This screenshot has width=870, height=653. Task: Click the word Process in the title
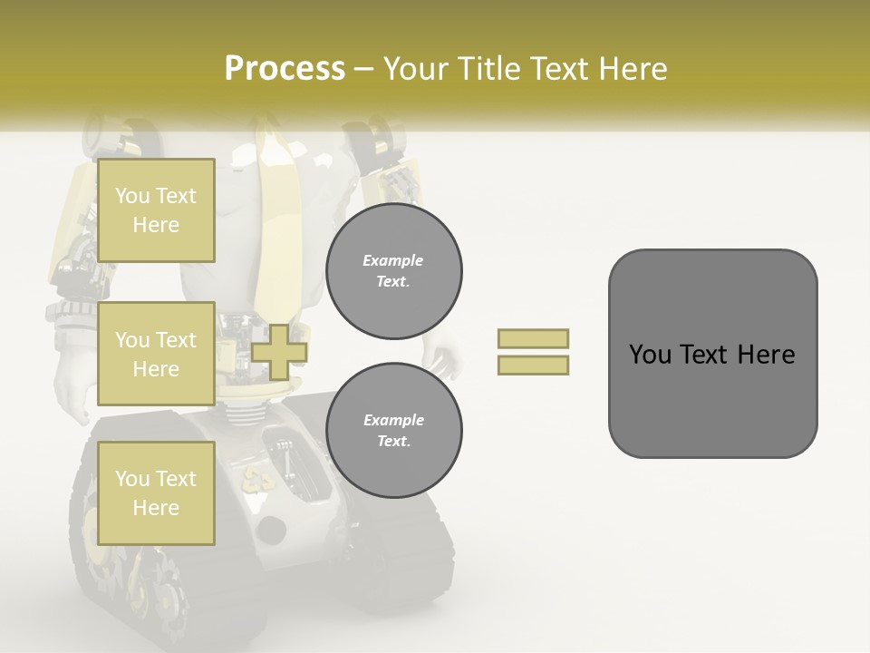pyautogui.click(x=285, y=69)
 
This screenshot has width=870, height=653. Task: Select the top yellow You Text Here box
pyautogui.click(x=156, y=210)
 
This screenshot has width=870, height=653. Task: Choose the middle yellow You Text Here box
pyautogui.click(x=156, y=354)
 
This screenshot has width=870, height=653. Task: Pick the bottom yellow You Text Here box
pyautogui.click(x=156, y=492)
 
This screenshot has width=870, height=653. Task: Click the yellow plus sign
pyautogui.click(x=279, y=352)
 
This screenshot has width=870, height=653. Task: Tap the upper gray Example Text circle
pyautogui.click(x=394, y=271)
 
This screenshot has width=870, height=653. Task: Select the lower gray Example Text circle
pyautogui.click(x=394, y=431)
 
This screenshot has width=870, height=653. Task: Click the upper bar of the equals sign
pyautogui.click(x=533, y=338)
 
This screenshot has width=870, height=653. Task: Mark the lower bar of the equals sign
pyautogui.click(x=533, y=365)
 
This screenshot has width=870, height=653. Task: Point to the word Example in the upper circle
pyautogui.click(x=393, y=260)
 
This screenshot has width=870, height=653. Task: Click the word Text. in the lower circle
pyautogui.click(x=393, y=442)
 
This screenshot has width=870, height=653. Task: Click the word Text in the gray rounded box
pyautogui.click(x=712, y=355)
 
